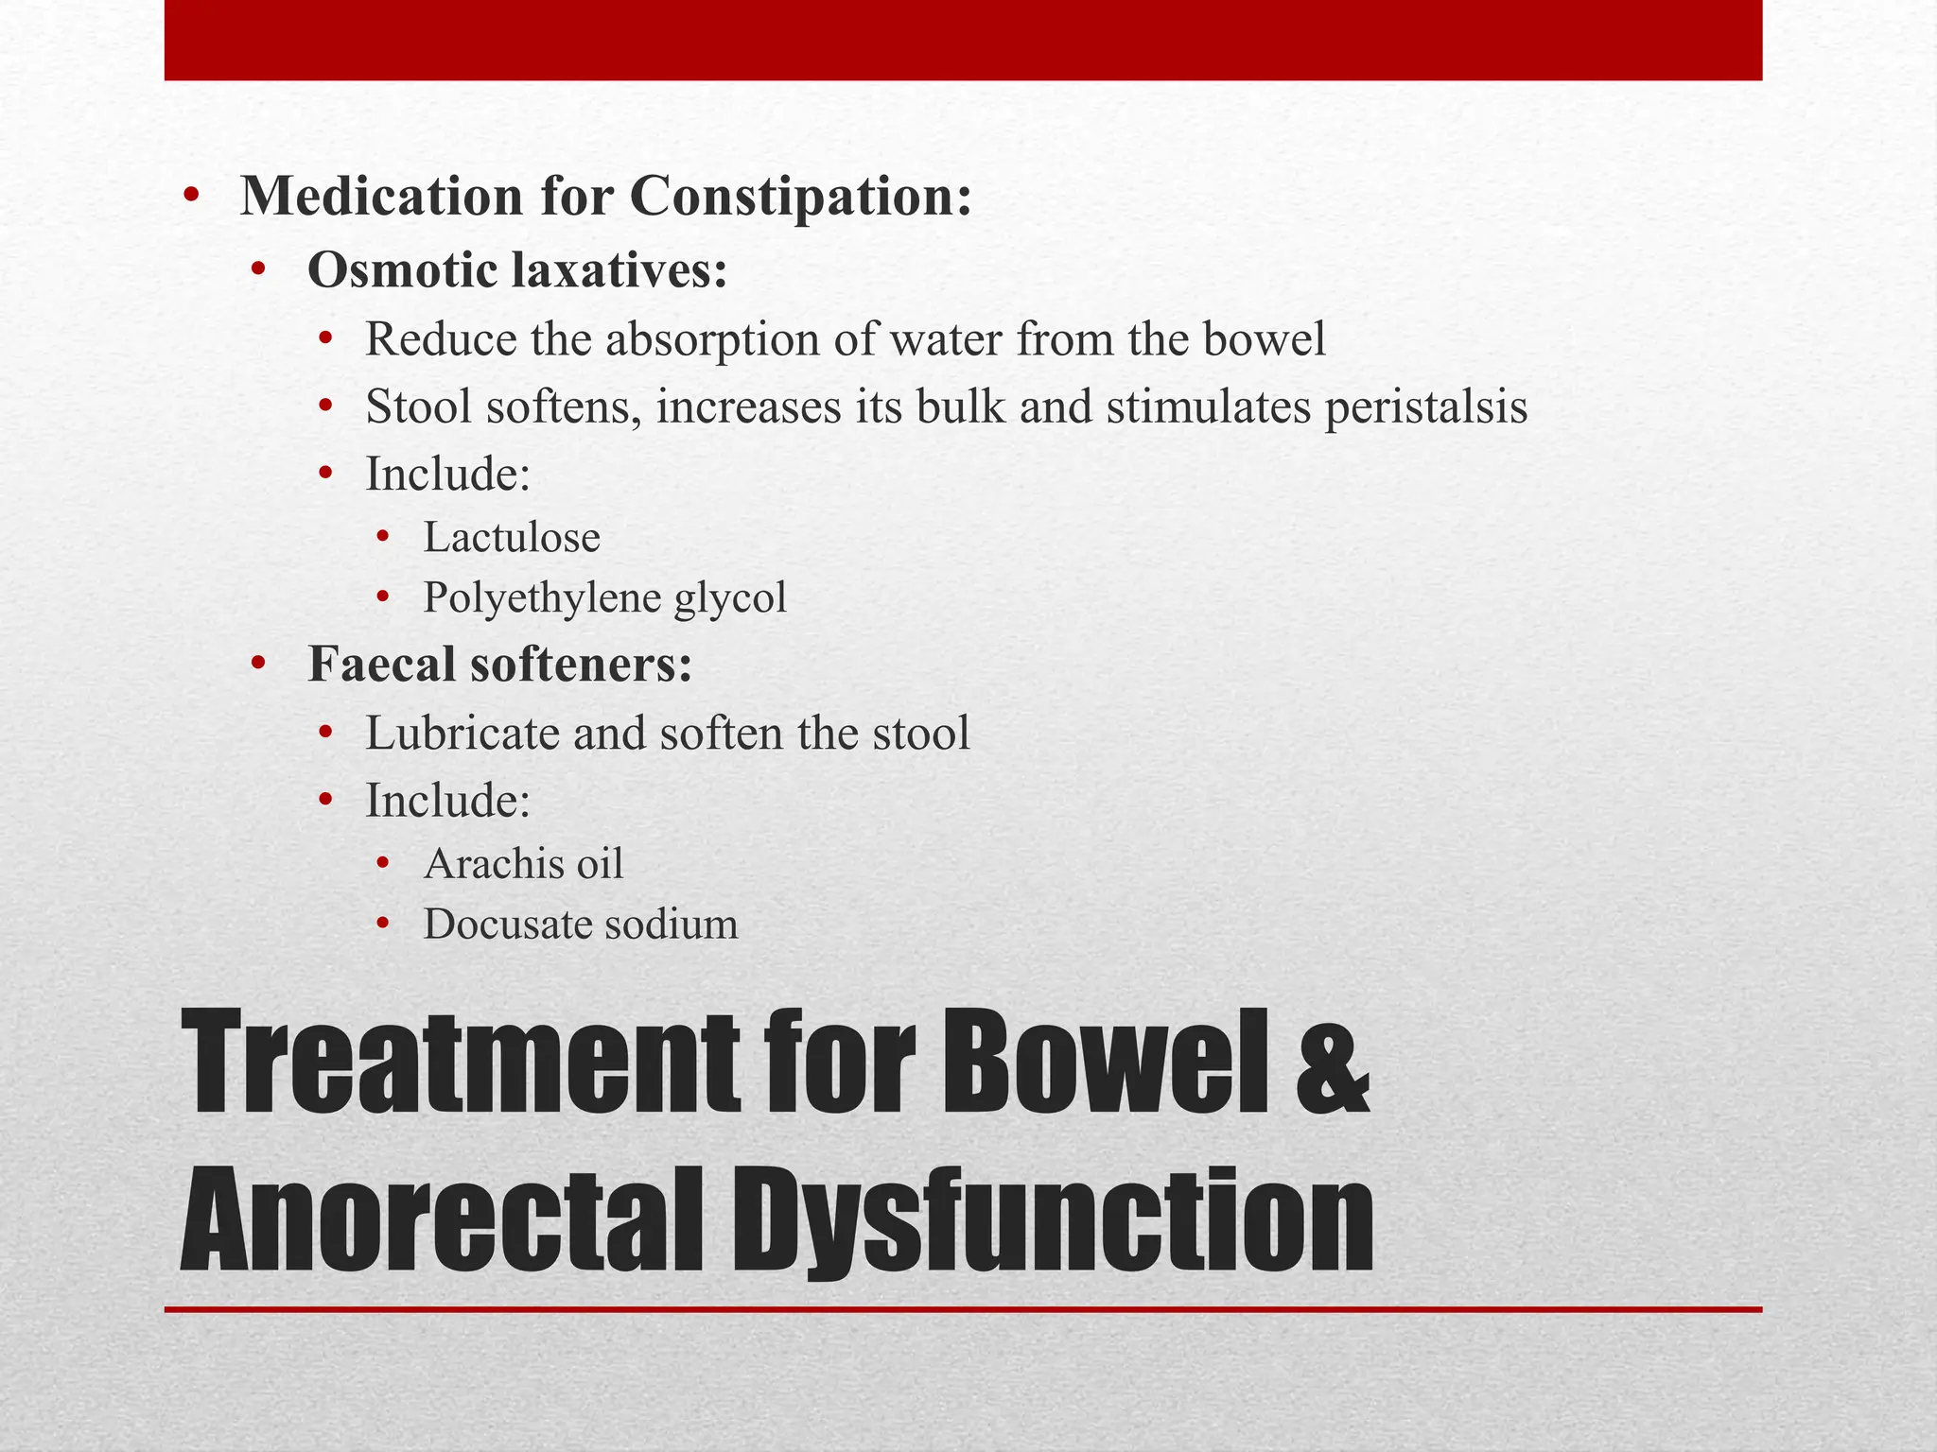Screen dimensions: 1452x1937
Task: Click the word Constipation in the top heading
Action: click(x=800, y=198)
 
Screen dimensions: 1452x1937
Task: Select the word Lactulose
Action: click(x=512, y=538)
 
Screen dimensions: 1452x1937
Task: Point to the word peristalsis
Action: click(x=1425, y=408)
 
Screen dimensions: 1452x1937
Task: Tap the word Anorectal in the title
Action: click(x=443, y=1221)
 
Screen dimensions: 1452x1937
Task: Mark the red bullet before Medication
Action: click(x=192, y=197)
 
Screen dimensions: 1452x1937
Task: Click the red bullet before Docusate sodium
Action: click(x=382, y=925)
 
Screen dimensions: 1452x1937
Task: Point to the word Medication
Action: click(x=381, y=198)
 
